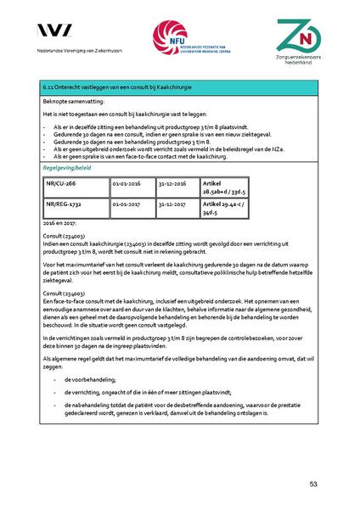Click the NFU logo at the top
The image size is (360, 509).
coord(180,39)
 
